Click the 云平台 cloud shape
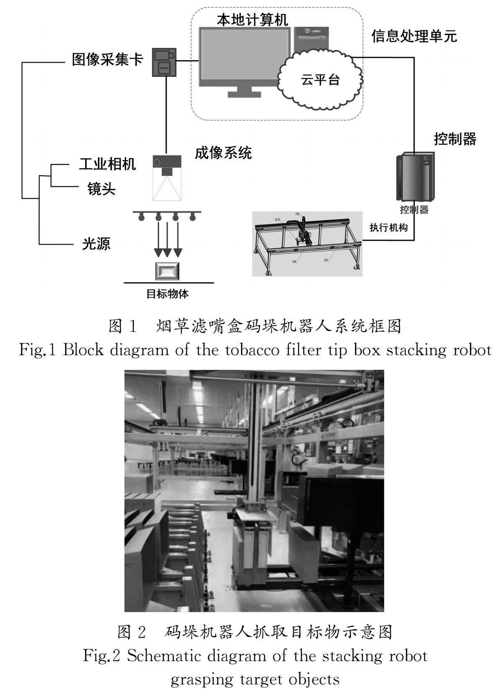click(x=319, y=78)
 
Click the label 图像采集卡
click(x=108, y=59)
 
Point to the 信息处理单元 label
click(x=414, y=36)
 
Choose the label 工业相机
click(x=108, y=164)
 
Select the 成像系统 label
click(x=223, y=153)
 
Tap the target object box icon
click(x=167, y=271)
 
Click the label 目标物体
click(x=167, y=294)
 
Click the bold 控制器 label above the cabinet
click(x=455, y=139)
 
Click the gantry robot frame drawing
click(x=306, y=244)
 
